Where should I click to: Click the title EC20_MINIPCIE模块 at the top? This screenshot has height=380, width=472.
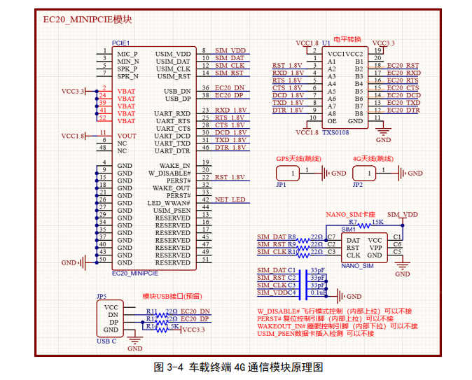(88, 20)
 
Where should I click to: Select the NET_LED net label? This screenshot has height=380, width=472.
(230, 199)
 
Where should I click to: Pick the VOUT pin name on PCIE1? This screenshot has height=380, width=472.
(127, 136)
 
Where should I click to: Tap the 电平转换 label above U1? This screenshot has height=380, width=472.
(347, 40)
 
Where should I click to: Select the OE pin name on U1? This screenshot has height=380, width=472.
(332, 121)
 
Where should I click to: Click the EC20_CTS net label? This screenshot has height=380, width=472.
(403, 88)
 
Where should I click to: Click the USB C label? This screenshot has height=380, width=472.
(106, 341)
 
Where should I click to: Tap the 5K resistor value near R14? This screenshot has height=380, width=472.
(174, 326)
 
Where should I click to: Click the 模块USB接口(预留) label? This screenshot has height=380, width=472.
(172, 296)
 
